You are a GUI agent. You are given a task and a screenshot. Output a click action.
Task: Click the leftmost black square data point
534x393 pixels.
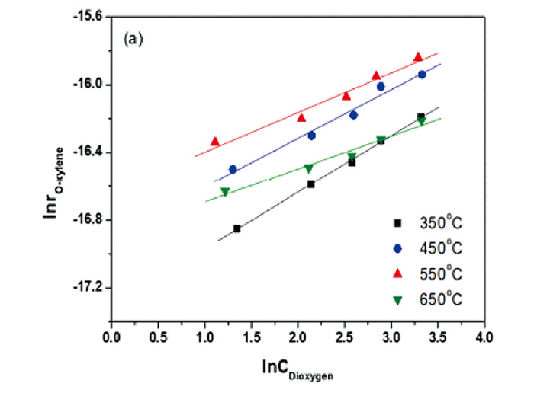click(x=236, y=228)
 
